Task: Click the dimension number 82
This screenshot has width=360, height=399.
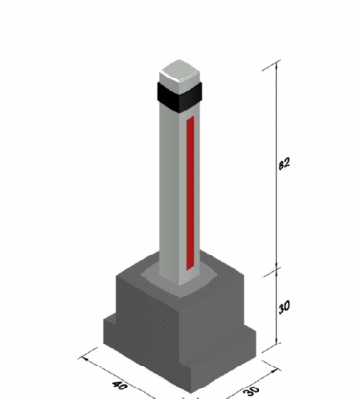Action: [x=283, y=164]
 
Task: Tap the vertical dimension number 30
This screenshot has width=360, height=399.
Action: [x=283, y=307]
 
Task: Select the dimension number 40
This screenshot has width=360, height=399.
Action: [x=120, y=386]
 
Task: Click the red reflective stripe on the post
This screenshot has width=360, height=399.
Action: [x=191, y=192]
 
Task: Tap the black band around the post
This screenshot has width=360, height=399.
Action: [x=179, y=97]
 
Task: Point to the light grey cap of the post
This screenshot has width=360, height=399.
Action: [x=179, y=76]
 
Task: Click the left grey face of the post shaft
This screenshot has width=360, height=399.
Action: [x=169, y=191]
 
